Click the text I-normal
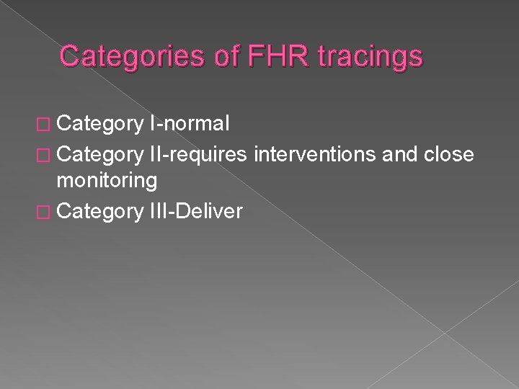coord(187,125)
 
